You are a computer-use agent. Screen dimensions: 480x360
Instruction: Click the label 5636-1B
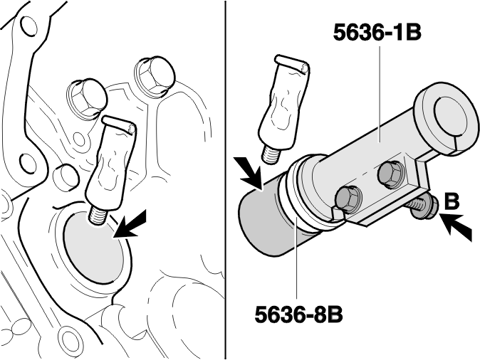point(377,33)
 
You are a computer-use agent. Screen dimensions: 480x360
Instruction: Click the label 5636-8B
point(298,314)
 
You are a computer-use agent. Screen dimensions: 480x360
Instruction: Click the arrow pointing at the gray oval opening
point(131,225)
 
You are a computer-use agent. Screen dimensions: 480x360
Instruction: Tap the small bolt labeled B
point(421,207)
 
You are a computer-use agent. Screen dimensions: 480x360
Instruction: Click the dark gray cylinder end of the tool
point(264,219)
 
